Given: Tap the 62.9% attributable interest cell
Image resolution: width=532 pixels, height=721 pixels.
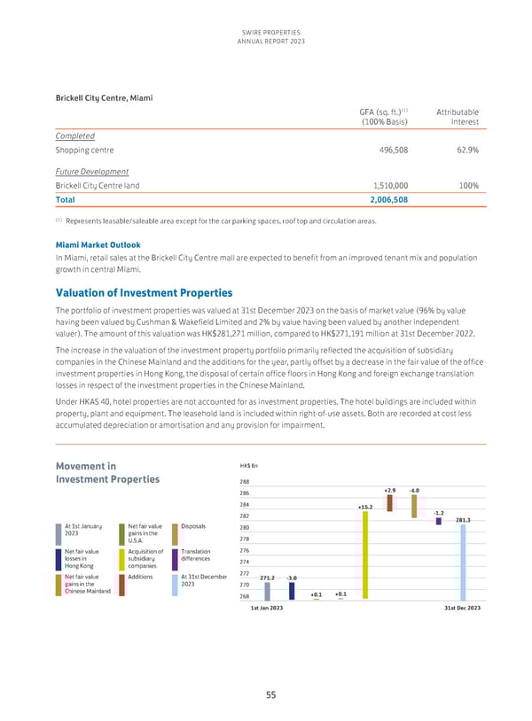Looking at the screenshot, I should point(466,150).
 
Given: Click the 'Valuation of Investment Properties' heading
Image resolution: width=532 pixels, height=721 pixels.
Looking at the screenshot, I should point(144,292).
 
